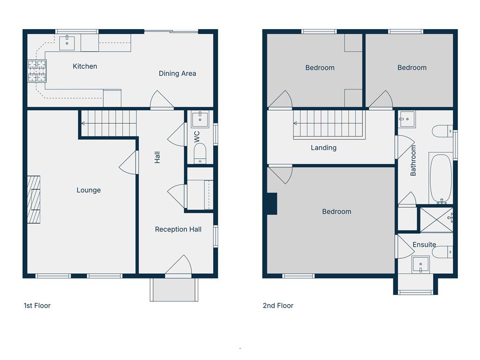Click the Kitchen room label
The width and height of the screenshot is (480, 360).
(85, 66)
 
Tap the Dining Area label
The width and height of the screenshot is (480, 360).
(177, 74)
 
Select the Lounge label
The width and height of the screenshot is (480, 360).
(89, 190)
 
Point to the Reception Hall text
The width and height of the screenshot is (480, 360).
(178, 229)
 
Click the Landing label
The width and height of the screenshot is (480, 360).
(323, 148)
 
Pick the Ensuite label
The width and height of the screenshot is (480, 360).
(424, 245)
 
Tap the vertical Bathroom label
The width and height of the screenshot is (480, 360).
(413, 160)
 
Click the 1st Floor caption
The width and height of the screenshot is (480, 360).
(37, 306)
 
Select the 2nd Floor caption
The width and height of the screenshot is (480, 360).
(278, 306)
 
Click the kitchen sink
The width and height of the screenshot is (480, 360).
(67, 43)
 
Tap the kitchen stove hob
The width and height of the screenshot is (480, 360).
(37, 71)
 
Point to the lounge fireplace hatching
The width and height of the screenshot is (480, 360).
(34, 199)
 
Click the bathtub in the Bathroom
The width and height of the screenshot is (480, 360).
(441, 178)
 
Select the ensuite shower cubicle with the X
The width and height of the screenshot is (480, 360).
(436, 220)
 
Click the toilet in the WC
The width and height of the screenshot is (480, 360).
(200, 154)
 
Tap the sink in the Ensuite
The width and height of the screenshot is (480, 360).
(420, 264)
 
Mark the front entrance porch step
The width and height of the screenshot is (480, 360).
(174, 290)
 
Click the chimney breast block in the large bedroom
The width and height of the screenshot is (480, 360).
(272, 203)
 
